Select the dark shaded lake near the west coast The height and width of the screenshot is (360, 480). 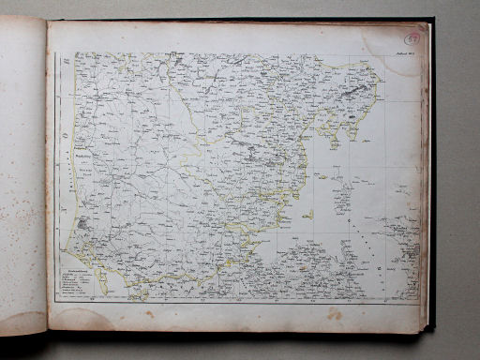tap(83, 224)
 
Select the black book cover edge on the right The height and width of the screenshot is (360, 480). tap(431, 178)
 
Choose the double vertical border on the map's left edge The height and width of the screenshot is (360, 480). tap(61, 178)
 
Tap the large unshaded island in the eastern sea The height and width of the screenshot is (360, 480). tap(343, 198)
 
